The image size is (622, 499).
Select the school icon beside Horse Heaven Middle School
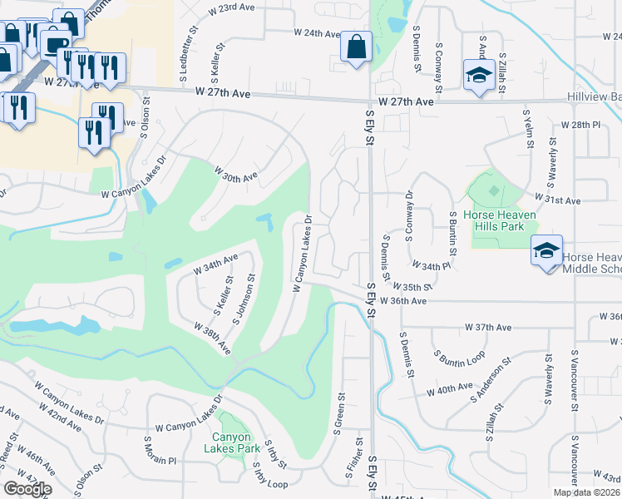click(545, 250)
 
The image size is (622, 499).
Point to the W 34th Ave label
click(215, 264)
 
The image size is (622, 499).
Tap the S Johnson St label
click(244, 294)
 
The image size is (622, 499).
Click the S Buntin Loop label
click(459, 358)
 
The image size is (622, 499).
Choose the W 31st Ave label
click(560, 201)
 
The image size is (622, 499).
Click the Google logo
click(27, 488)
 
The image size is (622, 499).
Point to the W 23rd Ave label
click(230, 7)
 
